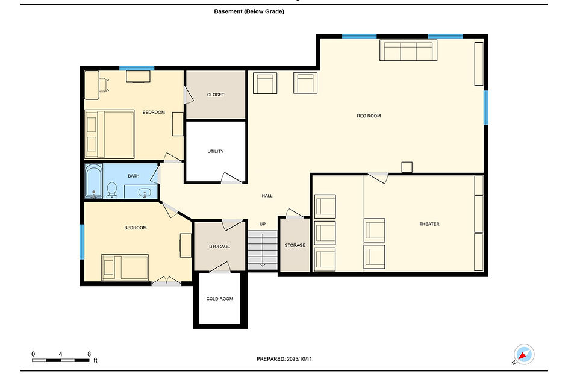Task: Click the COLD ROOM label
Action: click(219, 299)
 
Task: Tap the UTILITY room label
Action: click(216, 151)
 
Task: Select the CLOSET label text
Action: click(216, 95)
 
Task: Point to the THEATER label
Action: click(429, 224)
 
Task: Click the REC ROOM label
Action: click(369, 116)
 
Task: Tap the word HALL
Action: click(267, 196)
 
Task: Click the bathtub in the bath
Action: click(94, 181)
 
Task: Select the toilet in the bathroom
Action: click(112, 190)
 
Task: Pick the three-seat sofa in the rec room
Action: click(408, 51)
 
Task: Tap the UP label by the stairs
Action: click(263, 224)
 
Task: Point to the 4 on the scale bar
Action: click(60, 354)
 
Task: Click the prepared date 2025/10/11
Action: click(299, 359)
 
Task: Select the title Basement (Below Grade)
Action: click(249, 11)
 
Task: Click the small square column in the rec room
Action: click(407, 167)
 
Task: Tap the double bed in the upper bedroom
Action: click(110, 134)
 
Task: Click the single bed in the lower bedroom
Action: click(125, 267)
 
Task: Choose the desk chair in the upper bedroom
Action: click(104, 85)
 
